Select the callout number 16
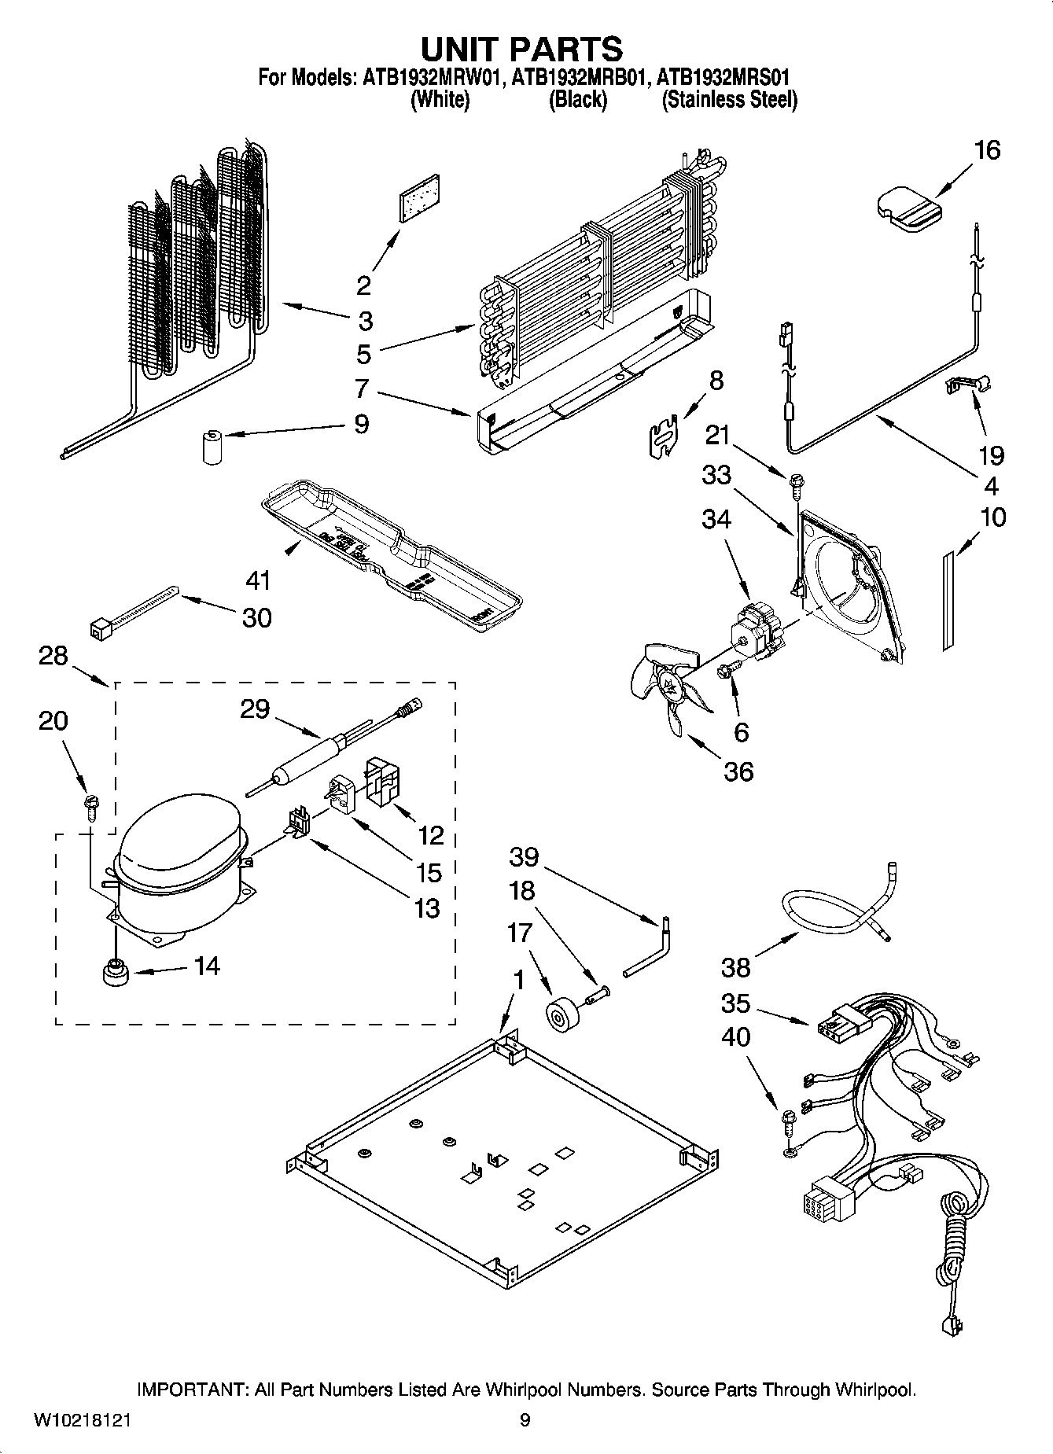point(987,149)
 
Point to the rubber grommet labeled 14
point(116,974)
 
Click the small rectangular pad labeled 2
point(418,197)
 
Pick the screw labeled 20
point(89,807)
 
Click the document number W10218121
point(82,1420)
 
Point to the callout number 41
point(258,580)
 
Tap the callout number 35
point(735,1003)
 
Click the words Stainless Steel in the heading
point(729,100)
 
